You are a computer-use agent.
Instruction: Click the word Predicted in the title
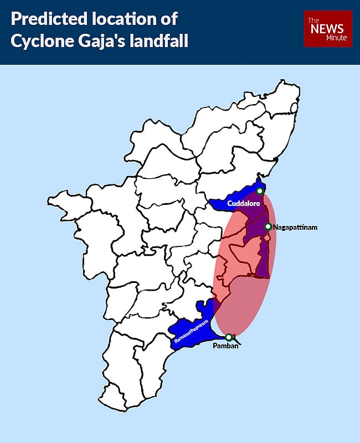49,20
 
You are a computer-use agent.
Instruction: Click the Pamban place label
225,347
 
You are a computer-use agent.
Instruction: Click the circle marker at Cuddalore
260,191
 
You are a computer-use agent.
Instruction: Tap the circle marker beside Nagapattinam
268,226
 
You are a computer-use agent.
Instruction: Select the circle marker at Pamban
229,337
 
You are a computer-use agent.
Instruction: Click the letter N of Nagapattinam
276,227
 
